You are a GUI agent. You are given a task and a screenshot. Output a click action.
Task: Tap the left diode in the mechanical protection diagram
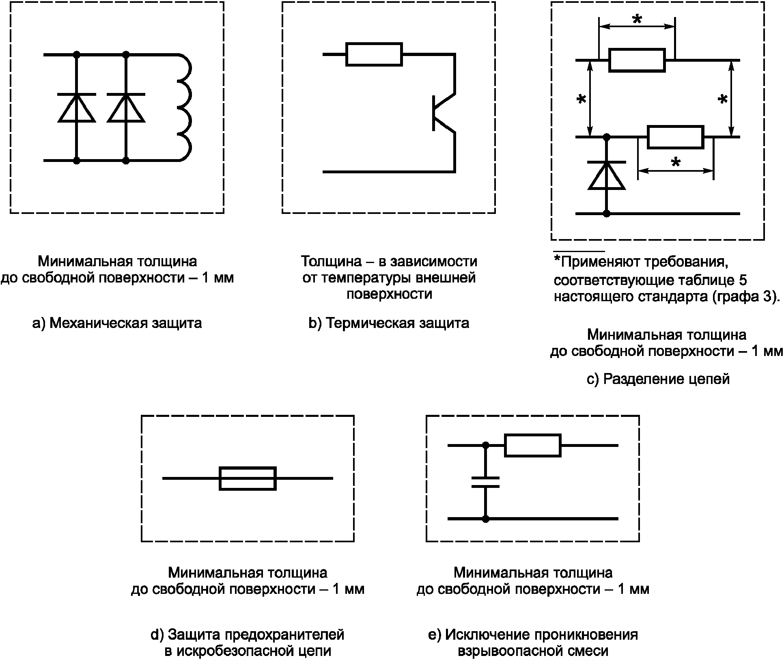(77, 108)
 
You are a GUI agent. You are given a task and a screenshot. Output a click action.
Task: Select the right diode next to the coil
(126, 108)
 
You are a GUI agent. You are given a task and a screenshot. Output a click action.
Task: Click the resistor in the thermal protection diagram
(374, 54)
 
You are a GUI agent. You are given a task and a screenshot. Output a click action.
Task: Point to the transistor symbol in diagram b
(444, 113)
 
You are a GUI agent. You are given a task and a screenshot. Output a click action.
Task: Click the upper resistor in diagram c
(637, 60)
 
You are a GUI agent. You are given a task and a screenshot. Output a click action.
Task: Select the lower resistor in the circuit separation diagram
(675, 137)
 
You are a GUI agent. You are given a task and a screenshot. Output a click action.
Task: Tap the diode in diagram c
(607, 175)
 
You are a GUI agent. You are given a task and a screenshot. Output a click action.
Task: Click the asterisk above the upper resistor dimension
(637, 19)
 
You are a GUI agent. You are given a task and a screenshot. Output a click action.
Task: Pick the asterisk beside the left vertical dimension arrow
(582, 99)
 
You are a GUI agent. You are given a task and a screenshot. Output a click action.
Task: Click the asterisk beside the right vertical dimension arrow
(723, 99)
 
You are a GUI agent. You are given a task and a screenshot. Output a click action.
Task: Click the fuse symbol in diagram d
(248, 478)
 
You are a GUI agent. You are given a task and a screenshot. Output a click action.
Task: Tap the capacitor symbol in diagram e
(485, 482)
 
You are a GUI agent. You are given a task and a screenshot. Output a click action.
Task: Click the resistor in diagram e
(533, 445)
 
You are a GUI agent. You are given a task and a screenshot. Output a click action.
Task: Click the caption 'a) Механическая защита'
(117, 323)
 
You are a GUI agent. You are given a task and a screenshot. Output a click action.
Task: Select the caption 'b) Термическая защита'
(389, 323)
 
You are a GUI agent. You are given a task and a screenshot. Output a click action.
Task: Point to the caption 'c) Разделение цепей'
(658, 379)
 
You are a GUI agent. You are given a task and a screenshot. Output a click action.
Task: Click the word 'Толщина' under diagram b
(332, 261)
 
